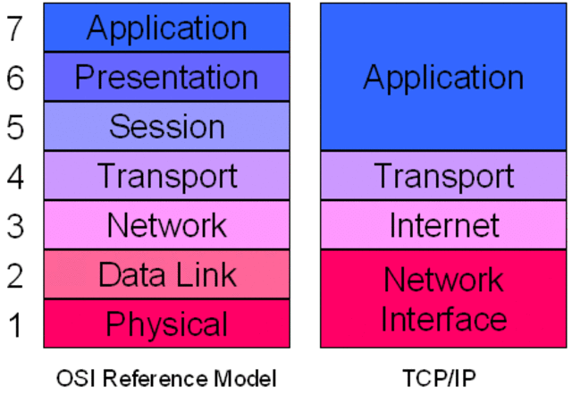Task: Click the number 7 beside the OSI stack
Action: [x=16, y=29]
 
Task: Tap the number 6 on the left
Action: [x=16, y=79]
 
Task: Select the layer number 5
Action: [x=16, y=128]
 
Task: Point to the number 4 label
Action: [x=16, y=176]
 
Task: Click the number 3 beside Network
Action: [x=16, y=225]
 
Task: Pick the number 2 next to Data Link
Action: [x=16, y=275]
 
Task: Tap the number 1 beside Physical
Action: [x=16, y=323]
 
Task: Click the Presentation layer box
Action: [x=167, y=77]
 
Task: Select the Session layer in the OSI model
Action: [x=167, y=126]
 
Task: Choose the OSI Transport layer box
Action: [x=167, y=175]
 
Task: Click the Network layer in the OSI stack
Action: [x=167, y=224]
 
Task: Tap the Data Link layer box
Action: [x=167, y=274]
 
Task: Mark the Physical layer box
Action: [x=167, y=323]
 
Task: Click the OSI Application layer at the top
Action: [x=167, y=28]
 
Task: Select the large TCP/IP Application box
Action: [x=443, y=77]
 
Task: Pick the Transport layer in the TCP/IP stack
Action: [x=443, y=175]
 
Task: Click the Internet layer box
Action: [x=443, y=224]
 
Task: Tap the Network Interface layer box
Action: [x=443, y=298]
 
